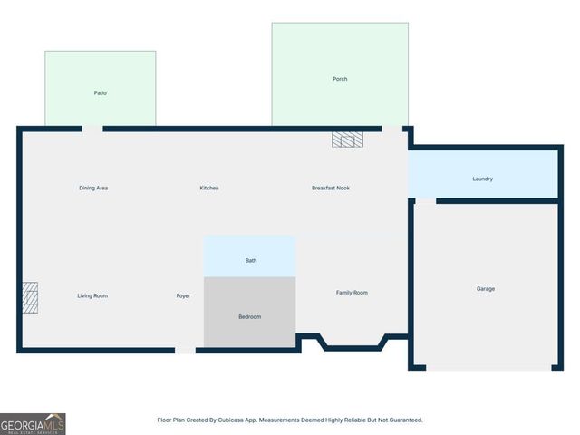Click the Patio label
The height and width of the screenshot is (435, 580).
click(x=101, y=93)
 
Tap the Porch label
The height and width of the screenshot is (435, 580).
click(x=340, y=79)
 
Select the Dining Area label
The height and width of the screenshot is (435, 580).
click(x=93, y=188)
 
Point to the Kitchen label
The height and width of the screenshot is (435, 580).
click(x=209, y=188)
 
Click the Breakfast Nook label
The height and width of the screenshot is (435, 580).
click(x=331, y=188)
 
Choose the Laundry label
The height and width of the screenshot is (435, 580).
click(x=483, y=179)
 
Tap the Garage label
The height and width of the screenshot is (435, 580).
click(x=486, y=289)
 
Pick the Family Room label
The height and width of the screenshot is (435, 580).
click(x=352, y=293)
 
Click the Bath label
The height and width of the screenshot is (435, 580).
click(x=251, y=261)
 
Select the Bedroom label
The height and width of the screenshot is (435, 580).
click(x=249, y=316)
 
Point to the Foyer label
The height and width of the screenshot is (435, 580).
click(x=183, y=296)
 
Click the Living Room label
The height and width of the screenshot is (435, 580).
click(x=92, y=296)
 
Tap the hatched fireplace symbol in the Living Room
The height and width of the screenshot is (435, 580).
click(x=30, y=297)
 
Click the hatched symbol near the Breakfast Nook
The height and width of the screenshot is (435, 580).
click(x=347, y=140)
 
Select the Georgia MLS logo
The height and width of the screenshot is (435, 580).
click(x=33, y=423)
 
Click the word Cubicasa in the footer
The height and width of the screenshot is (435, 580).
click(x=246, y=420)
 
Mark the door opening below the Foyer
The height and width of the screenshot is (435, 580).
click(x=185, y=350)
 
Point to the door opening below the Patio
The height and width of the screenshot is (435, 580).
click(x=92, y=129)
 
